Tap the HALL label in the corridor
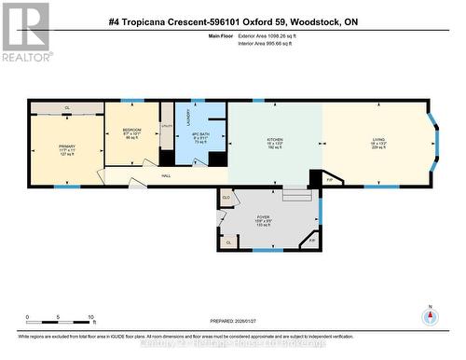167,174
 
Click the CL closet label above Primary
67,108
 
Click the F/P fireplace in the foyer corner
311,241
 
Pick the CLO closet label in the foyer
226,198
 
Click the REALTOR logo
26,31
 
